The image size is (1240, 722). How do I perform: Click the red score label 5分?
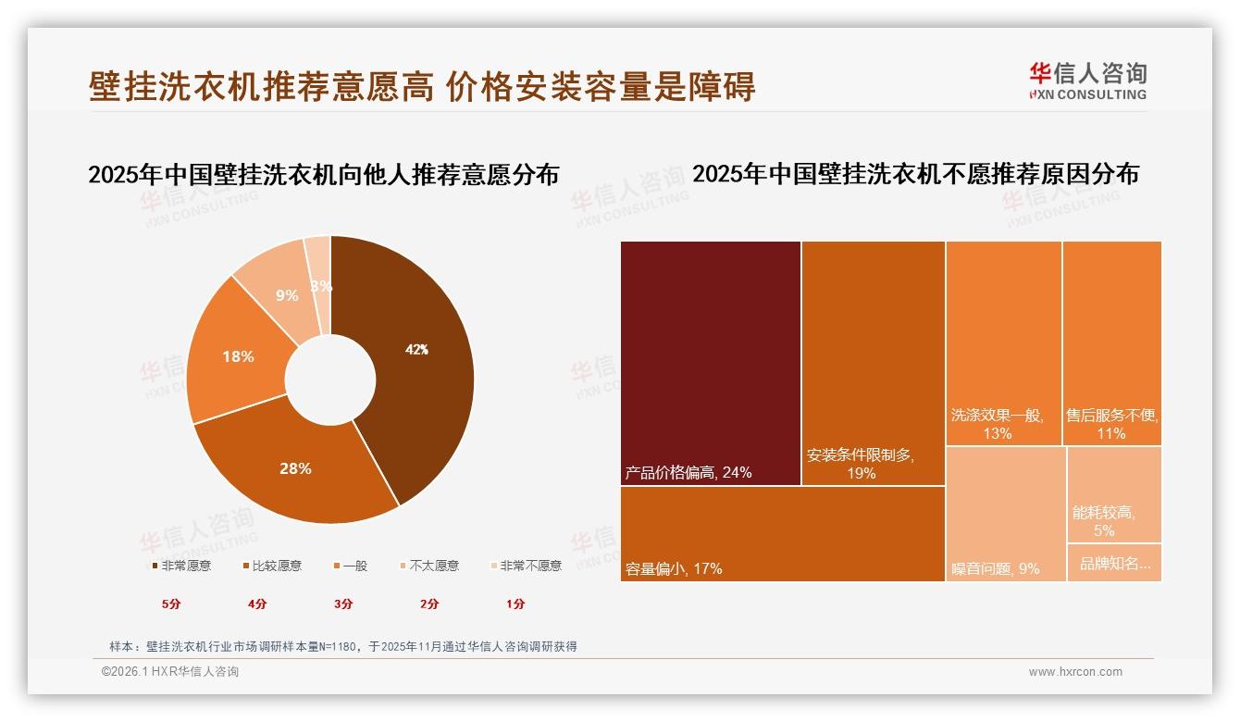click(x=171, y=604)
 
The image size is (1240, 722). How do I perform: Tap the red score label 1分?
click(x=515, y=604)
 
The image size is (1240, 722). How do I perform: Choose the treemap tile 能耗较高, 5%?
click(x=1114, y=494)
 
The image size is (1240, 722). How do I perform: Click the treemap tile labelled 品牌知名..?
click(x=1114, y=563)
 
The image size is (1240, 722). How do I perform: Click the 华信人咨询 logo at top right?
click(x=1088, y=81)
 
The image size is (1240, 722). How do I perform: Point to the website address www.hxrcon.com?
click(x=1075, y=672)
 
